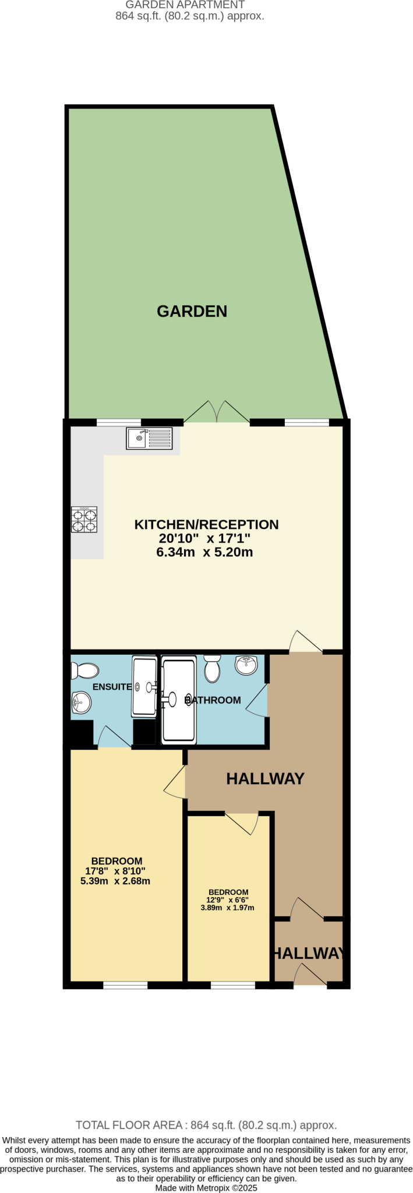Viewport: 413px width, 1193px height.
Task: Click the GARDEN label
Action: (192, 311)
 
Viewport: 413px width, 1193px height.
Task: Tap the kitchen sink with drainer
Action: (149, 438)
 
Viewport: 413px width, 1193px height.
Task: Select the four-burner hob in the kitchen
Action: (84, 520)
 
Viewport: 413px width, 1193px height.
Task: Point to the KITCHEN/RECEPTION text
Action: (206, 524)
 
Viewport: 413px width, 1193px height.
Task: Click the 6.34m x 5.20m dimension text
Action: (204, 552)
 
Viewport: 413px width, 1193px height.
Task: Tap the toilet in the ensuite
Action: (85, 670)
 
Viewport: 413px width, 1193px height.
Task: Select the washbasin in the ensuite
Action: (81, 703)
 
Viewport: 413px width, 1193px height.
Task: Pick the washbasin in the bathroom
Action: (246, 665)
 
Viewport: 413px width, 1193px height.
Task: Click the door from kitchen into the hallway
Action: (305, 642)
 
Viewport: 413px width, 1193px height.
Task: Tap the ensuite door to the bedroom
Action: (113, 737)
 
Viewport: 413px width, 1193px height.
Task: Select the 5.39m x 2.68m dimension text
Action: (115, 881)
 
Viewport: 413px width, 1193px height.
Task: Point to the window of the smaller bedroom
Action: (232, 986)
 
